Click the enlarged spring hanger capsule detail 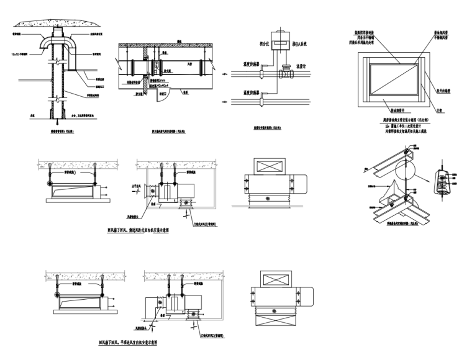[x=442, y=185]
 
